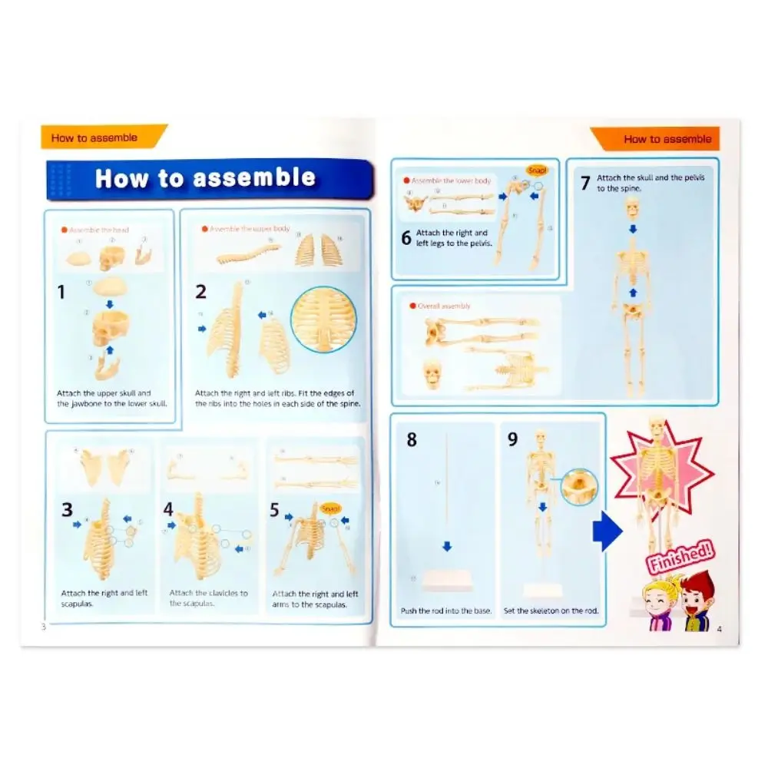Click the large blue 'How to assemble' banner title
[x=205, y=178]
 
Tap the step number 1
[x=62, y=292]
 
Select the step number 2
[x=201, y=292]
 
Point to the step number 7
[x=584, y=183]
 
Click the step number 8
[x=412, y=441]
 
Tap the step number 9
[x=513, y=439]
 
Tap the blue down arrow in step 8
[x=447, y=547]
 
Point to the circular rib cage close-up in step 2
[x=324, y=319]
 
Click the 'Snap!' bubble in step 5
[x=332, y=508]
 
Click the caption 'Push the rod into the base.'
[x=446, y=611]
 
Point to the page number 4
[x=720, y=629]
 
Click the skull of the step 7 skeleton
[x=632, y=207]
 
